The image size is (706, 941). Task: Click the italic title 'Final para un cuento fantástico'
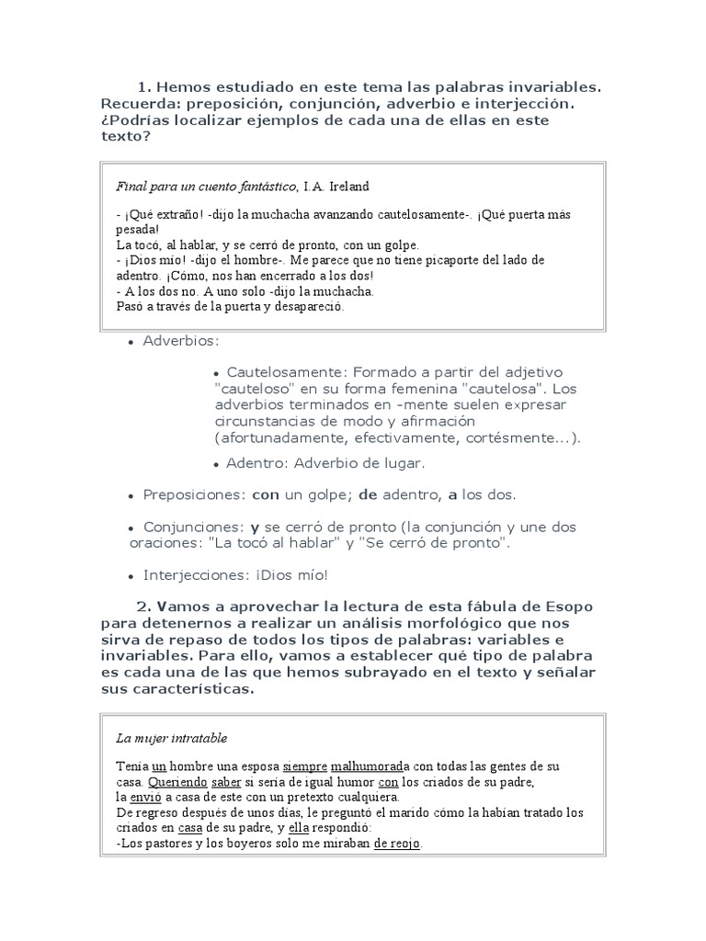206,187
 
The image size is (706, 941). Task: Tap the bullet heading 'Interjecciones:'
196,575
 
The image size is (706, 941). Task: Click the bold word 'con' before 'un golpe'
266,494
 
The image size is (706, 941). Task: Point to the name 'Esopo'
569,607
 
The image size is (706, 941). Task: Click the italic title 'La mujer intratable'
172,738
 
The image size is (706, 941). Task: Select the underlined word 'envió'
145,797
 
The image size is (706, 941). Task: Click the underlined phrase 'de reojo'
397,844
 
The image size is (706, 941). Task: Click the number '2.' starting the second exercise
144,607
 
